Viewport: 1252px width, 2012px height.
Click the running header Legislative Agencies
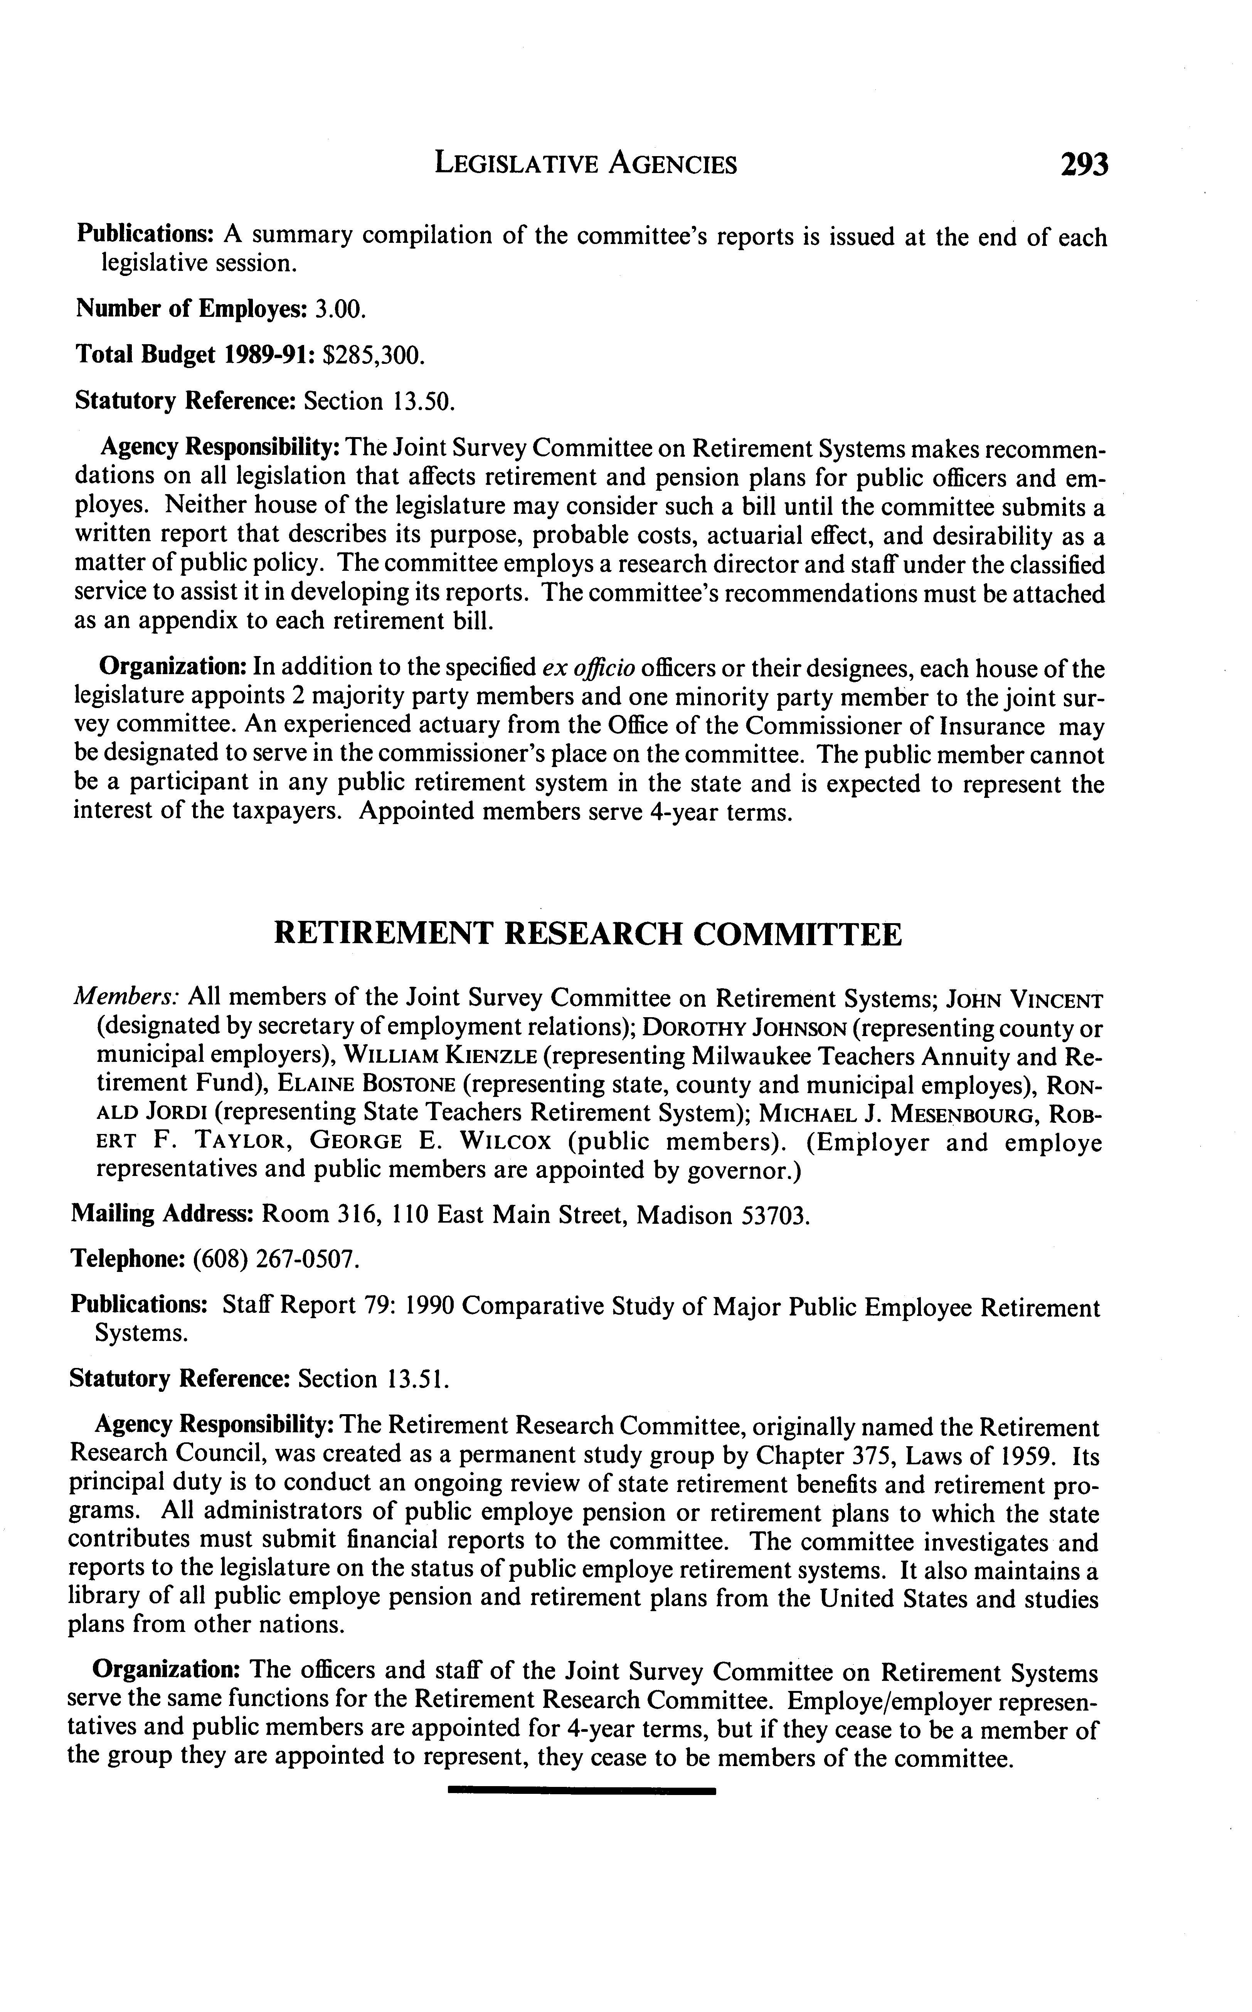[x=586, y=165]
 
